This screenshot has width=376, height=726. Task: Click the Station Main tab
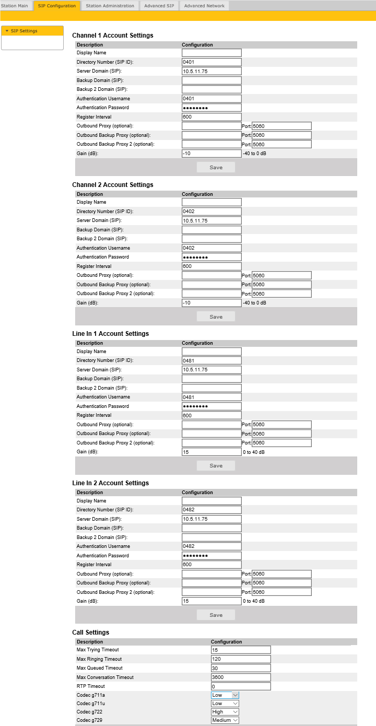(15, 6)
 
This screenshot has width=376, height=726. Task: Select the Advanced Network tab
(204, 6)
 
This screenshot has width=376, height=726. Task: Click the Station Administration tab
(110, 6)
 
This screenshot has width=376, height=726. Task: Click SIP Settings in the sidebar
(24, 31)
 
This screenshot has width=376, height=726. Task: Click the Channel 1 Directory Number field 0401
(211, 62)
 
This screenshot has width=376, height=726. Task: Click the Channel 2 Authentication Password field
(211, 257)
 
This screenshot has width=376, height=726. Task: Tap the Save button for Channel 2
(216, 317)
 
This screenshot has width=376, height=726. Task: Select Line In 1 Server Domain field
(211, 370)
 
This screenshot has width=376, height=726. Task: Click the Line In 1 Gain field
(211, 452)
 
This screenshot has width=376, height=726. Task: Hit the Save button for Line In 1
(216, 466)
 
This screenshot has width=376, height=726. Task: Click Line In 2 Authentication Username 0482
(211, 546)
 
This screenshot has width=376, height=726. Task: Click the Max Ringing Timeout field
(241, 659)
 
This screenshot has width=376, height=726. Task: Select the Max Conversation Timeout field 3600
(241, 677)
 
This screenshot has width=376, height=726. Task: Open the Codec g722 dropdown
(225, 712)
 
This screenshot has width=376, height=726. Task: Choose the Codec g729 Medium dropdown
(225, 721)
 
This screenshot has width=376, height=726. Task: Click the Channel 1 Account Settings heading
(113, 36)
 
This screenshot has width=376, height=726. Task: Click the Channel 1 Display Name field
(211, 53)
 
